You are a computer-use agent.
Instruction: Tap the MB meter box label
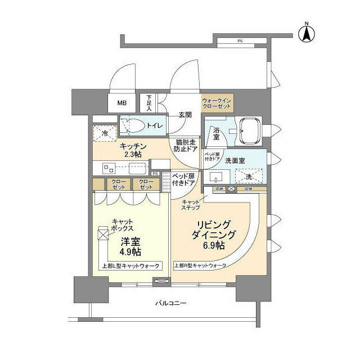pos(122,103)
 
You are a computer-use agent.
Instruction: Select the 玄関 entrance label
pos(185,115)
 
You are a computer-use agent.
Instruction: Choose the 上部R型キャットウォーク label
pos(200,265)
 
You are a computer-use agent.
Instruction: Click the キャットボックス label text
pos(122,225)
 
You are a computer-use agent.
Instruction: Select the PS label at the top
pos(240,41)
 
